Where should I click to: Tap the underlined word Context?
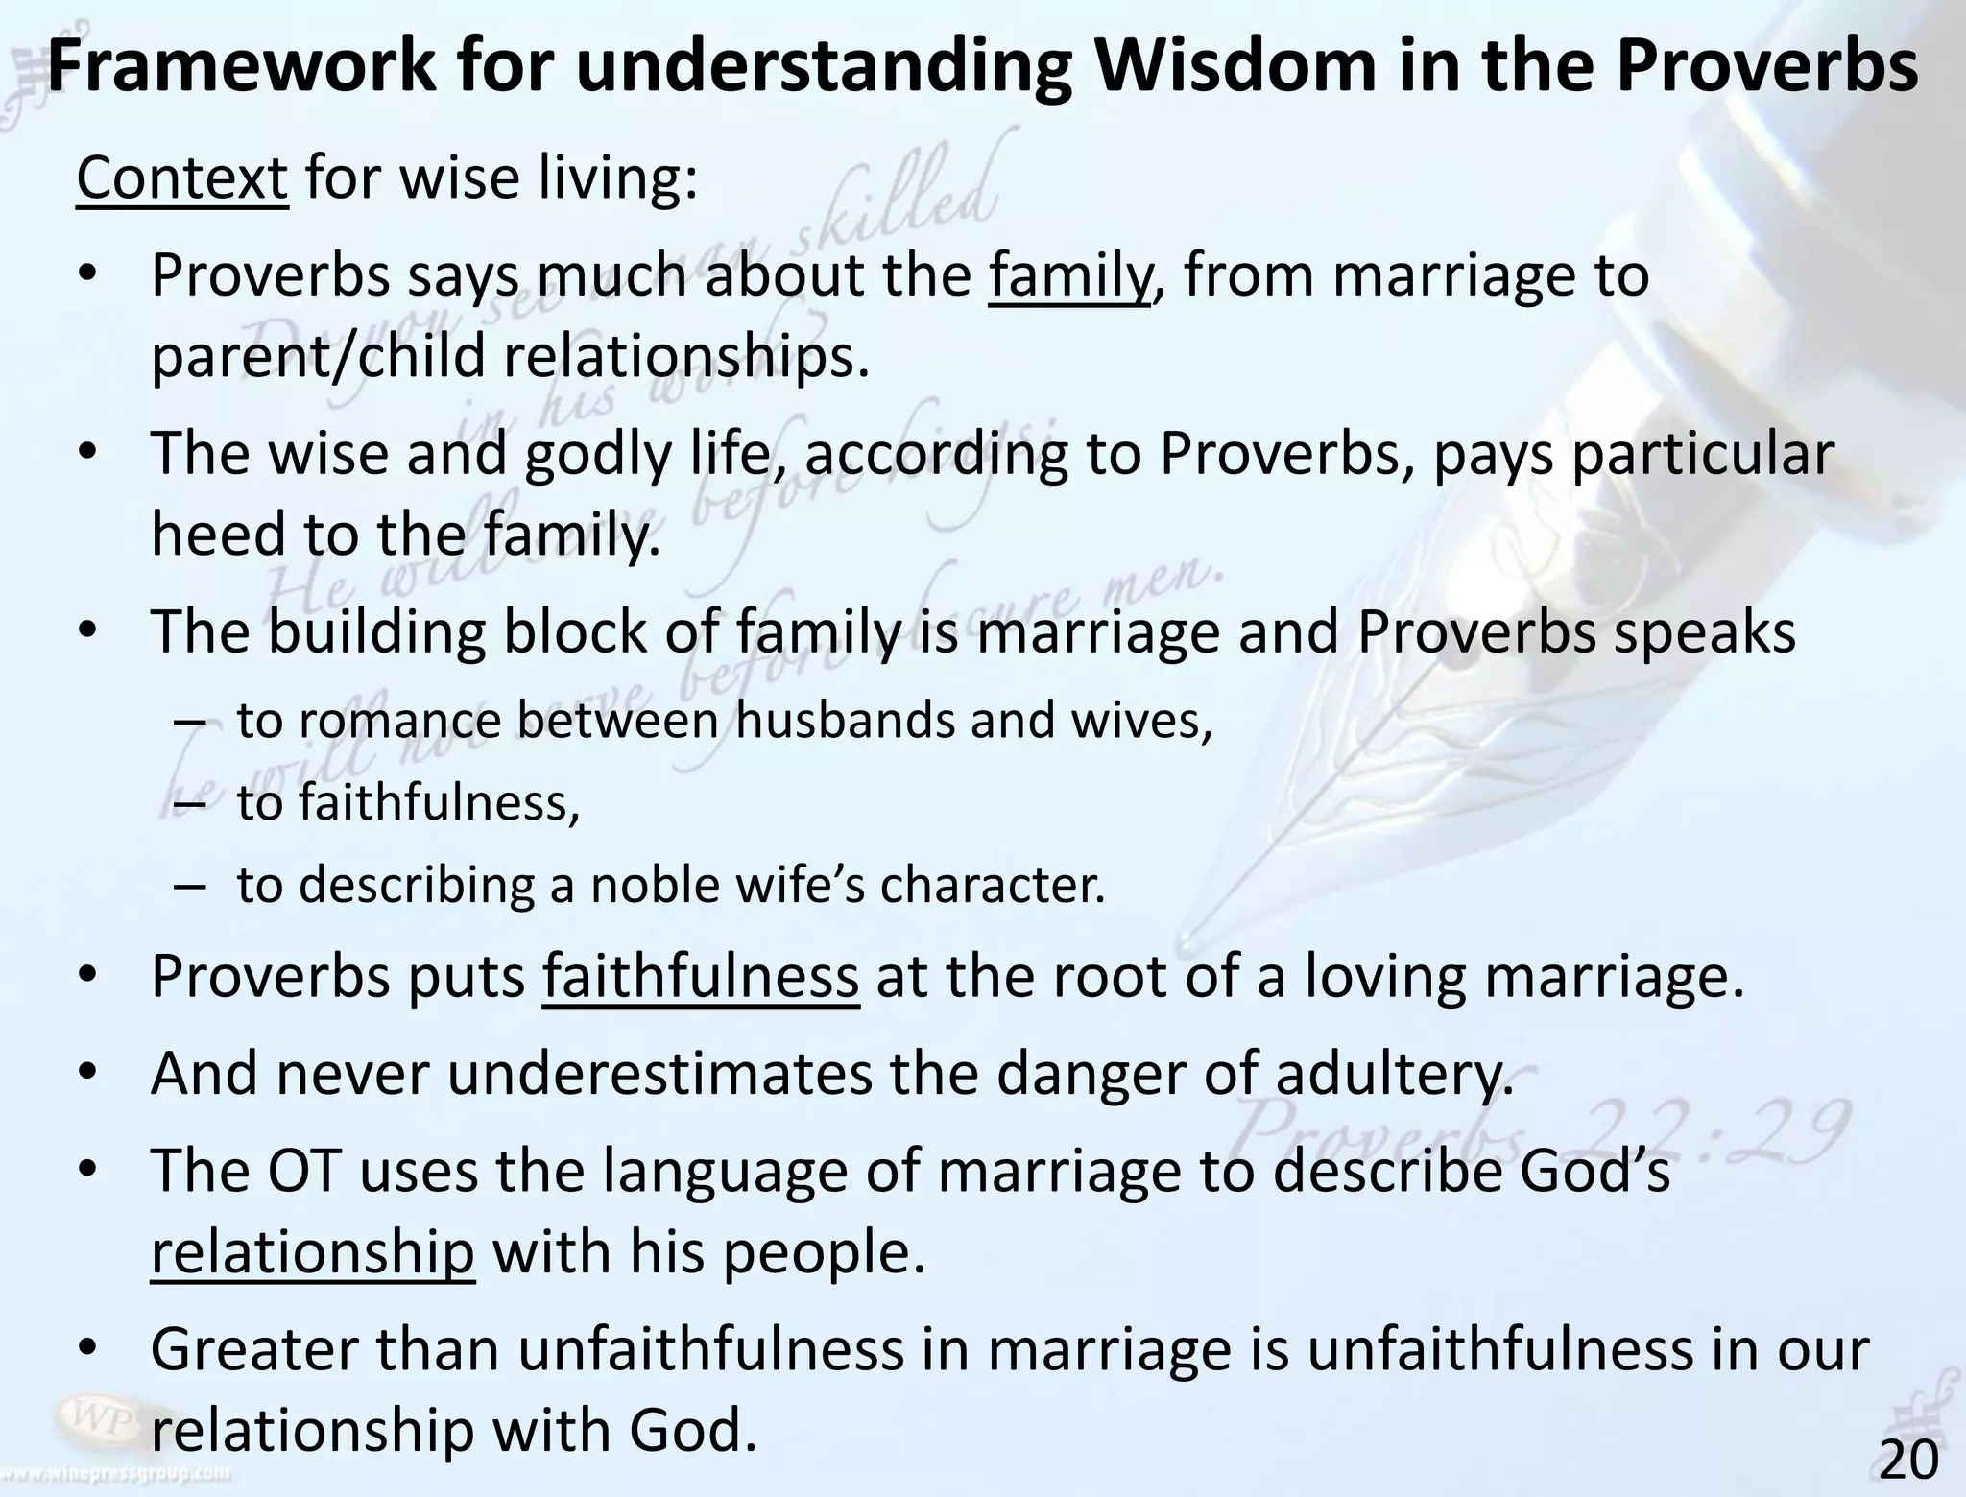point(181,178)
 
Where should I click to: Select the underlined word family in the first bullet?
point(1068,276)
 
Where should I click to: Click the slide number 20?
point(1908,1461)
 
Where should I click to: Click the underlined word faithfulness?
point(700,976)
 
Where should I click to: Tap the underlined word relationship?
point(312,1252)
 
